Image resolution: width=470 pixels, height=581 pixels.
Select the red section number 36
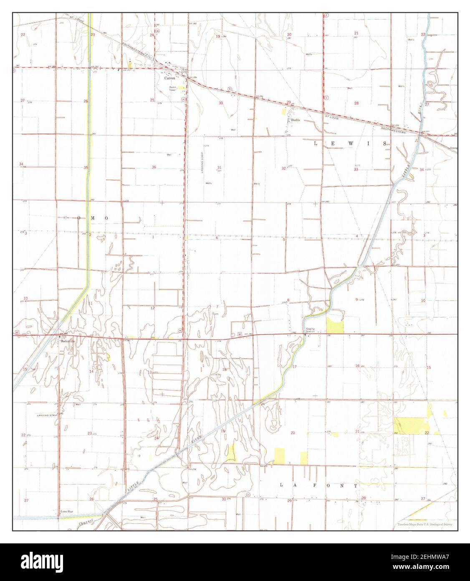click(x=154, y=167)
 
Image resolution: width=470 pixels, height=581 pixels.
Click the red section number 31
click(x=219, y=167)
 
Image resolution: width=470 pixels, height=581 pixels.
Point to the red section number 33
click(x=356, y=170)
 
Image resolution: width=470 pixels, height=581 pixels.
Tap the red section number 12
click(x=152, y=308)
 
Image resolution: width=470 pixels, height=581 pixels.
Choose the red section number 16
click(x=357, y=366)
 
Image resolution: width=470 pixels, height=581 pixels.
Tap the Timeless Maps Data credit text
click(x=425, y=525)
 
